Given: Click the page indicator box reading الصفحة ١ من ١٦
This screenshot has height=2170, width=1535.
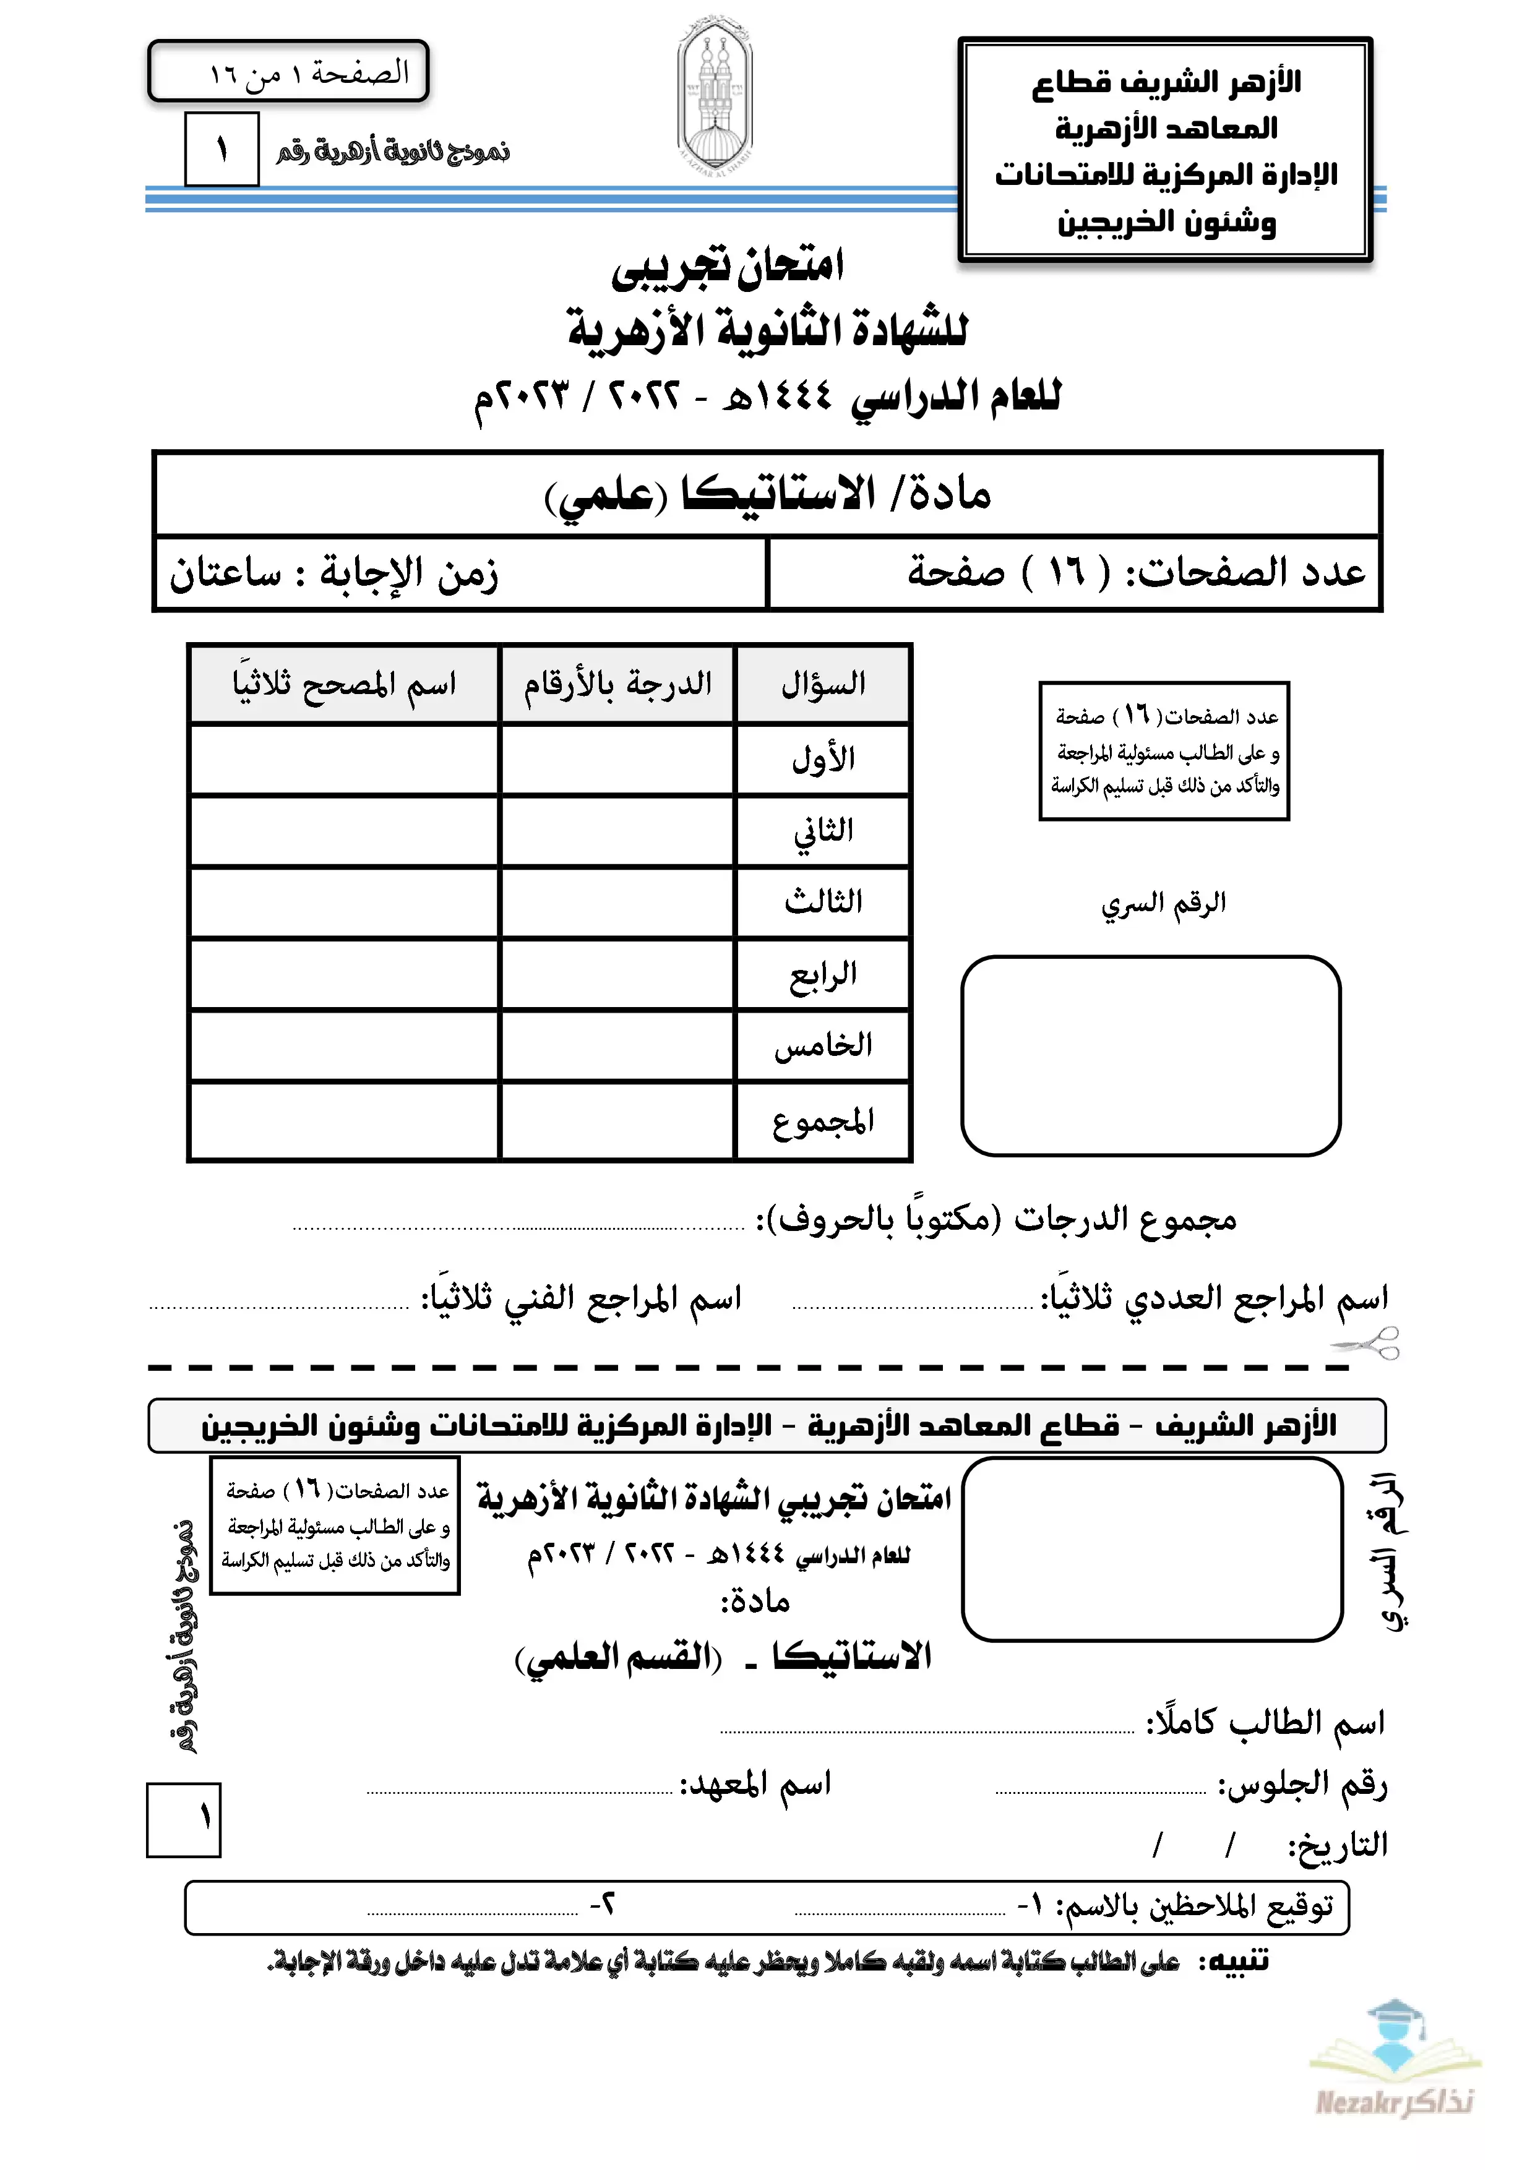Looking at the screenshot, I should tap(288, 72).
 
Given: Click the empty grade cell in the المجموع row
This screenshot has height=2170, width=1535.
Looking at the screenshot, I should tap(618, 1121).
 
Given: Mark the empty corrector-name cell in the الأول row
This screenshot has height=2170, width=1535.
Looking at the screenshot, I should tap(344, 760).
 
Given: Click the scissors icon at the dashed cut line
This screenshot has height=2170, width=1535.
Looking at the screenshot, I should tap(1367, 1342).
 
